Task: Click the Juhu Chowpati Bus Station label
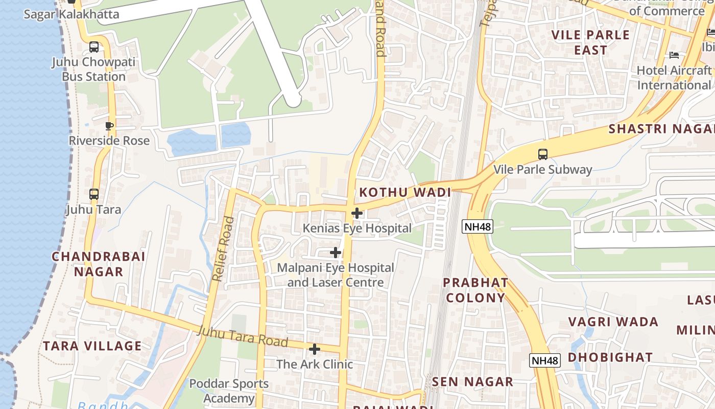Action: point(93,70)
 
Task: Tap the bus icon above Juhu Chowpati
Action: point(94,47)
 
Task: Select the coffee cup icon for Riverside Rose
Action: point(109,126)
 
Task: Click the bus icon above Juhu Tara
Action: point(94,194)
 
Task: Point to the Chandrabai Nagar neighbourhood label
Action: point(99,264)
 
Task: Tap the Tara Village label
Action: point(92,346)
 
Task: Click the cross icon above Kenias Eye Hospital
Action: point(357,213)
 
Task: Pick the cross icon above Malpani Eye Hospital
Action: point(336,252)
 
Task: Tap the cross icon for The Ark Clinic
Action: point(315,349)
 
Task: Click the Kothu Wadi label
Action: point(406,193)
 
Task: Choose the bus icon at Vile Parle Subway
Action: point(543,154)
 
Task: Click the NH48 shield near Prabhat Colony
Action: point(478,226)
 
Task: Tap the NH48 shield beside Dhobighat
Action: point(545,360)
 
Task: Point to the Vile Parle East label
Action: point(591,42)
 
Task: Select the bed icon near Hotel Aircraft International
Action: point(674,55)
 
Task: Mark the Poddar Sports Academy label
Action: point(229,391)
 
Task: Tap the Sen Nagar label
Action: point(472,382)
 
